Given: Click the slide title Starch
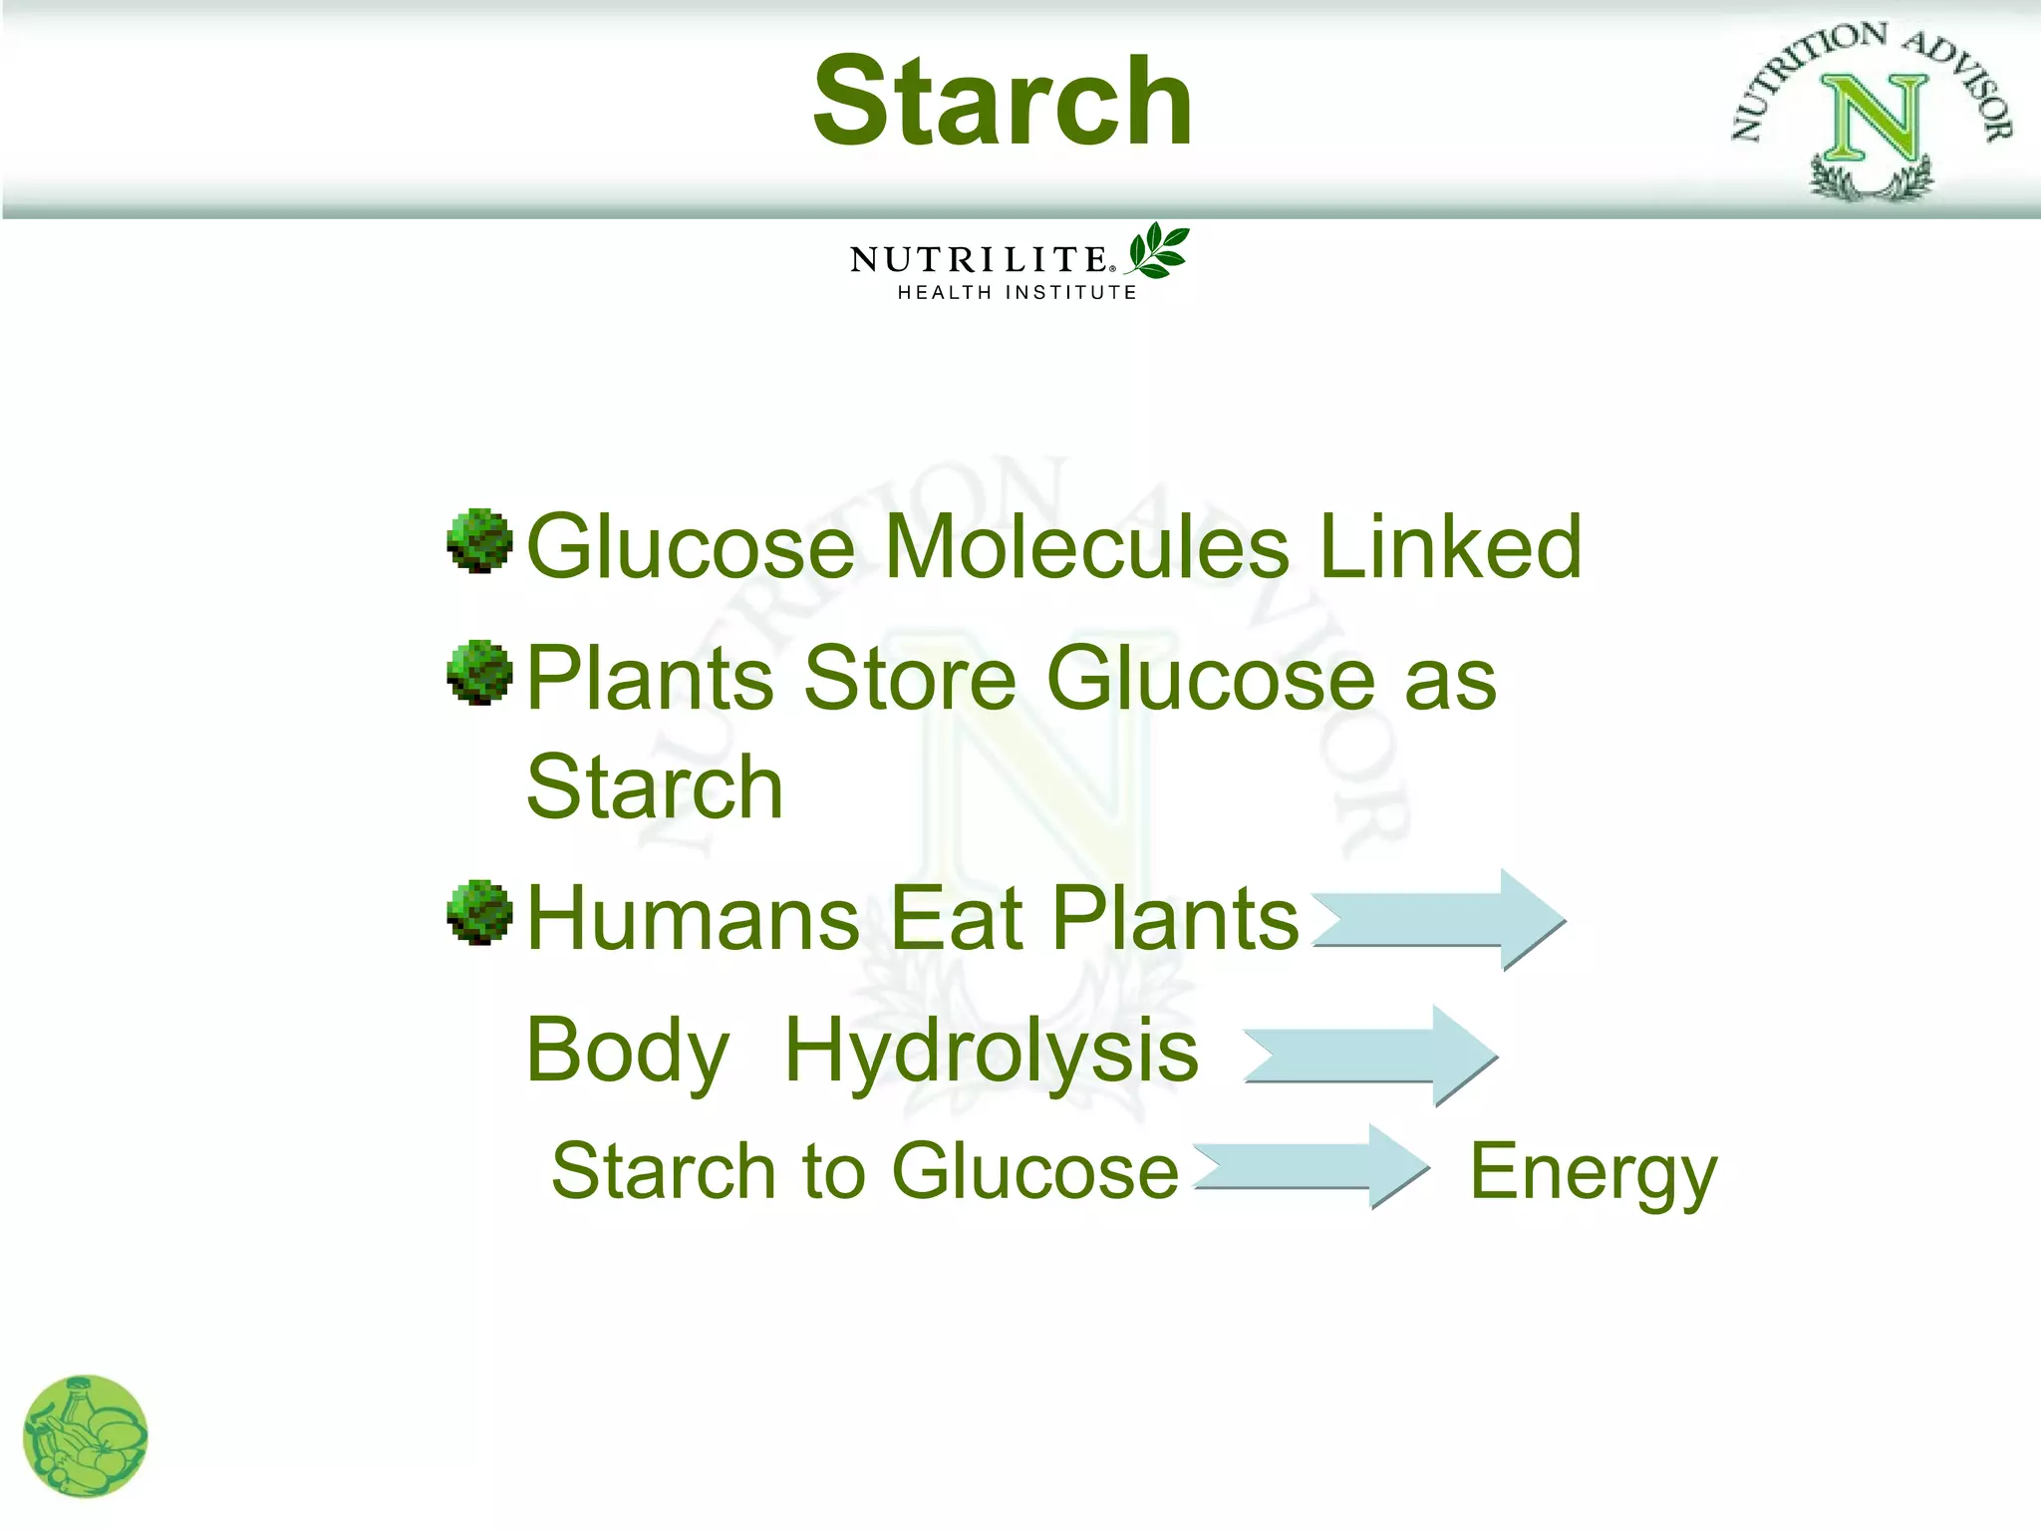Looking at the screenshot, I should coord(1002,102).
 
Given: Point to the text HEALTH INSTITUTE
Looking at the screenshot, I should coord(1017,292).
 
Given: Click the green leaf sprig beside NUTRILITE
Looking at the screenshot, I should coord(1158,249).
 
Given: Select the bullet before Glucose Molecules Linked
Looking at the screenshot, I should coord(479,541).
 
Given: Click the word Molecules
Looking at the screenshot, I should coord(1086,546).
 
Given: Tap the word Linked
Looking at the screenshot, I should coord(1450,546).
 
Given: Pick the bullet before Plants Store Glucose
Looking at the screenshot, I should coord(479,673).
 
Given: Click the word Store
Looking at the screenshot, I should coord(909,678).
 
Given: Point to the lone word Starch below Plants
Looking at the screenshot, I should coord(655,787).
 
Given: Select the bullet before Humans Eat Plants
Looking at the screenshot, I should coord(479,912).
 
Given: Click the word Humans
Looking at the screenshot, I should coord(693,918).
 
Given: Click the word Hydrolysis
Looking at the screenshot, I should coord(992,1052).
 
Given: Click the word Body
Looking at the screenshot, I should coord(628,1052).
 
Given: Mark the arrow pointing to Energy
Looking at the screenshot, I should coord(1312,1167).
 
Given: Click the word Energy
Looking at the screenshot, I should coord(1593,1173).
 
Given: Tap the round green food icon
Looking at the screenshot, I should coord(86,1436).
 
